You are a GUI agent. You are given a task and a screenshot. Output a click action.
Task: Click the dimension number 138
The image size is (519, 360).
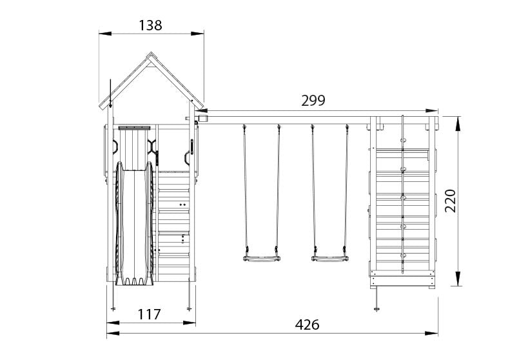(150, 26)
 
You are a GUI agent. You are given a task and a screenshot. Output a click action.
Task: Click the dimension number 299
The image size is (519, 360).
(313, 101)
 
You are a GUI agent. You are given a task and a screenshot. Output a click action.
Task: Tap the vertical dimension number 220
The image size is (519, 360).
(451, 201)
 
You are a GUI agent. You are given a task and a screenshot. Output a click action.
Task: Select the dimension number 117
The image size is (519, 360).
(149, 314)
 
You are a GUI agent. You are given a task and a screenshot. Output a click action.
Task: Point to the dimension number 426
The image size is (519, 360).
(307, 325)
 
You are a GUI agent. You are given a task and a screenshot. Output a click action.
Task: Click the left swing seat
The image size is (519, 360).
(262, 259)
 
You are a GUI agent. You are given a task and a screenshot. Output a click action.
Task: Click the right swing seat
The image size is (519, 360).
(329, 259)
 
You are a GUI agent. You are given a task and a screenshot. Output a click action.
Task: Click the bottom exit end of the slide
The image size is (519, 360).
(134, 281)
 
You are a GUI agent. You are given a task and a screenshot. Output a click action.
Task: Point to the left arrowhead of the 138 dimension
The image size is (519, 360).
(105, 34)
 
